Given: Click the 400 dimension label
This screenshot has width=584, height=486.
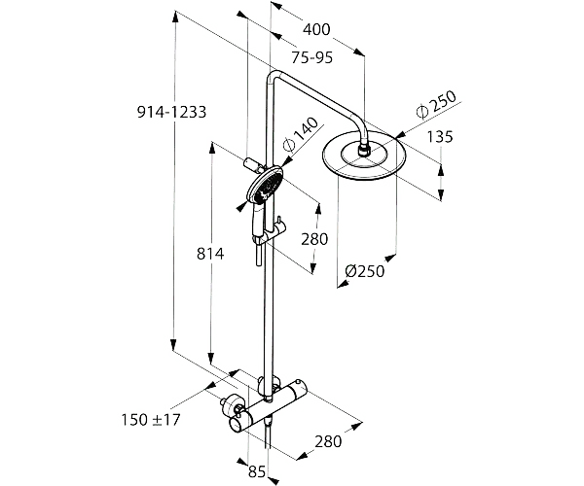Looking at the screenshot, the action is coord(316,29).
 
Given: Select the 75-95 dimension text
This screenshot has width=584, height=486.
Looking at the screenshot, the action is coord(311,57).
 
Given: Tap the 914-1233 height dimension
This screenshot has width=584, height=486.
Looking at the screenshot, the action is coord(171,112).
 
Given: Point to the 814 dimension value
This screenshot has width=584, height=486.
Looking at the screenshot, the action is coord(210,254).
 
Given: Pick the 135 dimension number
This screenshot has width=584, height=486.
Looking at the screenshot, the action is coord(440,136).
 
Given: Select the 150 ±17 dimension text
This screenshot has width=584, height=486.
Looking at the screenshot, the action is coord(151,420).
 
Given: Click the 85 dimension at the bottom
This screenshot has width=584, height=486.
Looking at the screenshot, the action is coord(257,471).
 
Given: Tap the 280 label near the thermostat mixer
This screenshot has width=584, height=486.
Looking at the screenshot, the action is coord(328,441).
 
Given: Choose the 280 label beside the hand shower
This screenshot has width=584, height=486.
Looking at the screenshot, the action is coord(314,239).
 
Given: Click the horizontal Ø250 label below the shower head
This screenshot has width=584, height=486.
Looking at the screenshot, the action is coord(365,271).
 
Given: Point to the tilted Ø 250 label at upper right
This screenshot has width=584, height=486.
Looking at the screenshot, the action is coord(436,104).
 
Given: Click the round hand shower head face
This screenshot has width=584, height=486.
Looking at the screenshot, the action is coord(266,186).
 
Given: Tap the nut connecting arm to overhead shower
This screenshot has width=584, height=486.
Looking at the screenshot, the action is coord(363,151).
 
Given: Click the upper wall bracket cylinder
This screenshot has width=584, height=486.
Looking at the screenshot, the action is coord(252,164).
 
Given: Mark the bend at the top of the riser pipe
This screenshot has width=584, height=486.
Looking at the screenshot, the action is coord(273,75).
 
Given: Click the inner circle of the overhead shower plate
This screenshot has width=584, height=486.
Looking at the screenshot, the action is coord(363,154).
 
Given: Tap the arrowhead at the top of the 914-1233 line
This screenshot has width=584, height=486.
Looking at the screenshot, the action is coord(175,17).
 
